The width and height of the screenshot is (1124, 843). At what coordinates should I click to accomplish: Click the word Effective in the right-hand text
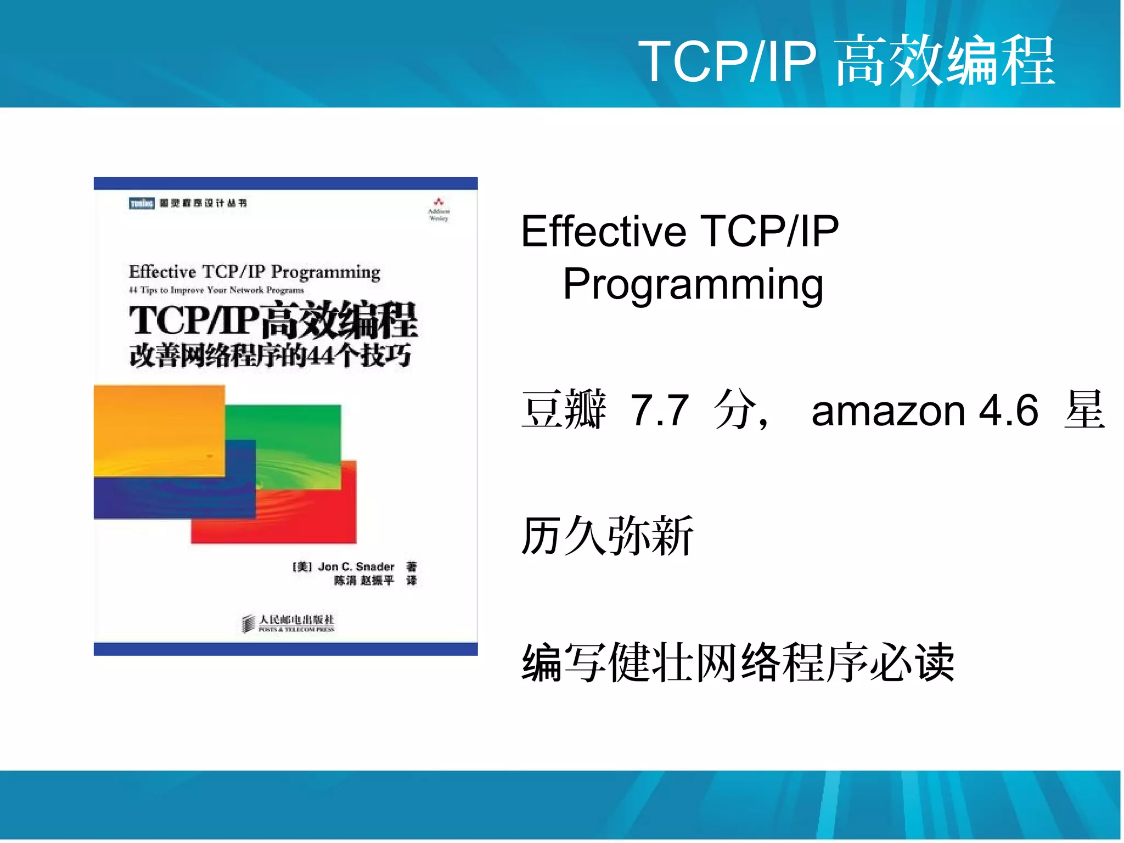603,232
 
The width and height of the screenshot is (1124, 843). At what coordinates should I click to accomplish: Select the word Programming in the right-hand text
693,284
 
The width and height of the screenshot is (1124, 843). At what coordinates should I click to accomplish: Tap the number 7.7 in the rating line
659,410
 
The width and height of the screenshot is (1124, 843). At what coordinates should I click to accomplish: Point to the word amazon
888,411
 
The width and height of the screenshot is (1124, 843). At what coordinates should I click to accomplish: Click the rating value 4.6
1009,410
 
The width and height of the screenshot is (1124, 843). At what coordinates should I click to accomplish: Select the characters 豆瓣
564,410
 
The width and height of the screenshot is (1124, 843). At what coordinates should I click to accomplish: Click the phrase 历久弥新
607,536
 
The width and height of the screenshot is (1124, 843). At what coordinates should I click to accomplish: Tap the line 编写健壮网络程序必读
738,662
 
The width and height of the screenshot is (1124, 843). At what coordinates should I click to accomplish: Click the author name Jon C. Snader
356,566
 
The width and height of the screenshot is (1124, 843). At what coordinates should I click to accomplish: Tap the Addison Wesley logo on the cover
438,209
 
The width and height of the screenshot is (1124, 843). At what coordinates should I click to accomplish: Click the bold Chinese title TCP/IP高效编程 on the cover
273,321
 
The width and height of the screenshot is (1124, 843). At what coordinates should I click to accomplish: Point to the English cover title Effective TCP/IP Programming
254,272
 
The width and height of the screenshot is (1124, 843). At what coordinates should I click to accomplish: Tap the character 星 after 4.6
1084,410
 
